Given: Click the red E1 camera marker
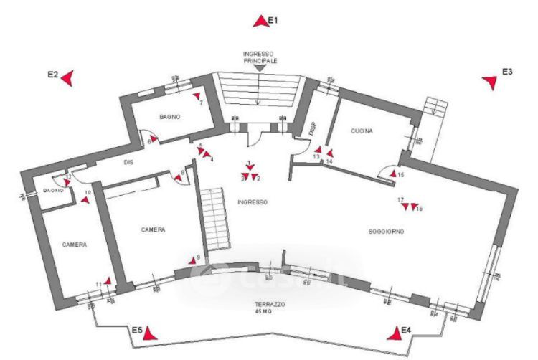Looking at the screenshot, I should pos(260,22).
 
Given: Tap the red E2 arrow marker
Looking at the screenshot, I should pos(67,77).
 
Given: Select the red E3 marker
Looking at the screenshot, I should pos(491,82).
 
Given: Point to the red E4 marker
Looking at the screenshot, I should pos(394,333).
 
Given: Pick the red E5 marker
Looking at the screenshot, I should pos(149,333).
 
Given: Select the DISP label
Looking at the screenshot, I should pos(312,129).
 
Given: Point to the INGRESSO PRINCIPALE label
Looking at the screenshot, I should pos(260,57).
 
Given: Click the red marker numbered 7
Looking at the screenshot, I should pos(196,95).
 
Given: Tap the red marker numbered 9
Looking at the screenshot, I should pos(192,262).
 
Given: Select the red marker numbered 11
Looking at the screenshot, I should pos(106,281).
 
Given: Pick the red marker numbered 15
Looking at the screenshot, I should pos(392,173).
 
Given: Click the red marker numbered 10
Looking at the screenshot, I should pos(85,200).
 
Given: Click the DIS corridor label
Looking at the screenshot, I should pos(128,163).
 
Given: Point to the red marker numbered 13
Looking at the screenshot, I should pos(318,151).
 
